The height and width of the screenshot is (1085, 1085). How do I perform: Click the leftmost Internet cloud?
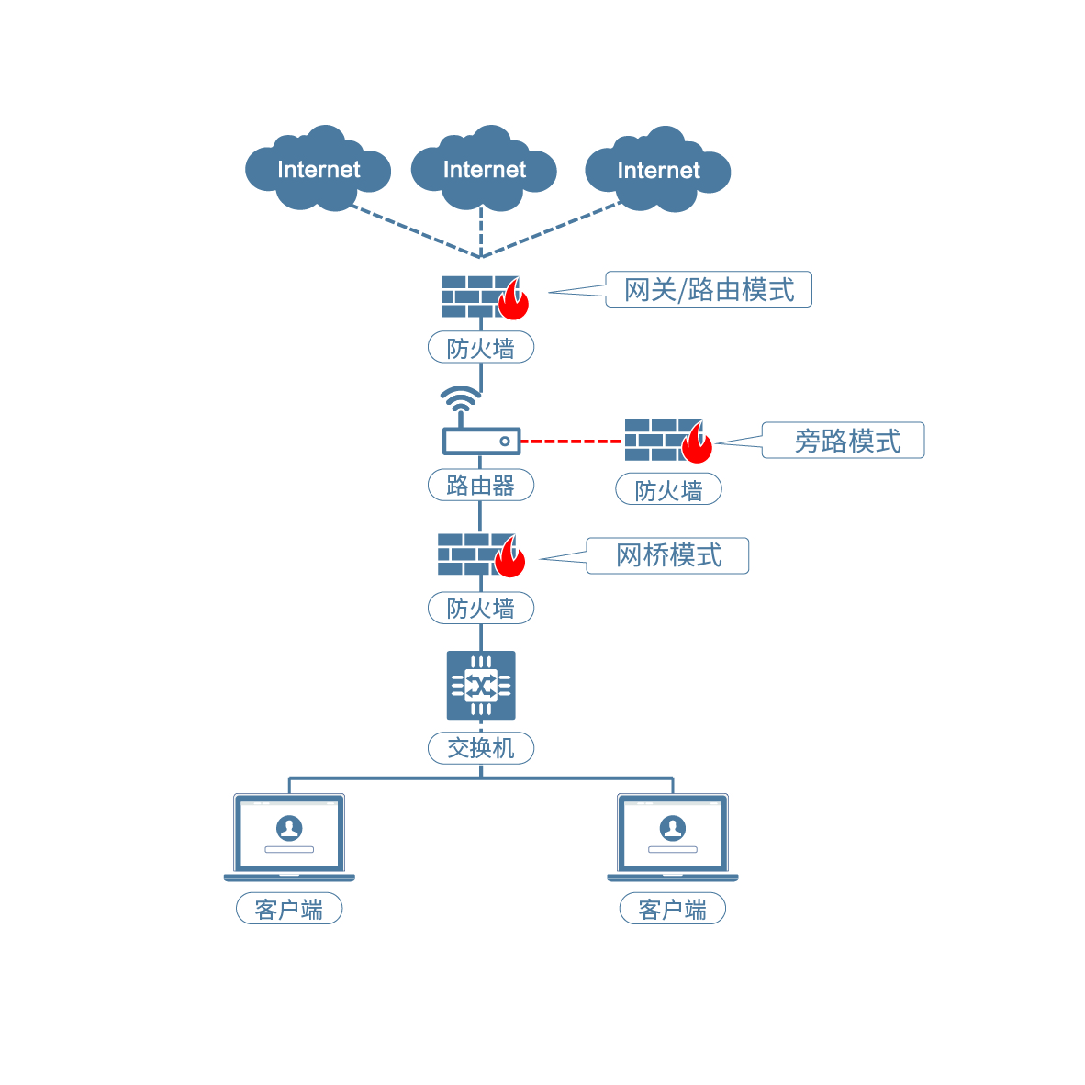pos(318,170)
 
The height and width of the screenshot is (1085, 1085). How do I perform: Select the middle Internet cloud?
pos(484,170)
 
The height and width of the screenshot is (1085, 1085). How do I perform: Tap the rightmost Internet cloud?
pos(658,171)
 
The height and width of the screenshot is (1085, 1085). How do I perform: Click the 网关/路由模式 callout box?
pos(709,289)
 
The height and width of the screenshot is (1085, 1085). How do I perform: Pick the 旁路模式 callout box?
pos(846,441)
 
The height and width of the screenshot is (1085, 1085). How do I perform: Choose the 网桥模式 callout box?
pos(668,555)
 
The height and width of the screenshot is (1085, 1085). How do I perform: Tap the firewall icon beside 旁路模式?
pos(668,441)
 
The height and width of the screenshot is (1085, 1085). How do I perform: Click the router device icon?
pos(481,442)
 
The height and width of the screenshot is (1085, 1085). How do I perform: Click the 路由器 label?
pos(481,485)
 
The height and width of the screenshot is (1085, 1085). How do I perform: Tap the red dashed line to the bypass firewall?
pos(572,442)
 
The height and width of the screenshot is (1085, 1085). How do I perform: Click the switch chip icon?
pos(481,685)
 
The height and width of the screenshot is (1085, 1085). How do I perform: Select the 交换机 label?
pos(481,748)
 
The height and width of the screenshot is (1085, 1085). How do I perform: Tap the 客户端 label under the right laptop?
pos(673,909)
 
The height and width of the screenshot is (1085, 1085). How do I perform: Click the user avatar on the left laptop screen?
pos(289,827)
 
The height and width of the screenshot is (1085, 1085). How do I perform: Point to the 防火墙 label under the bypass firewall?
pos(668,489)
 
